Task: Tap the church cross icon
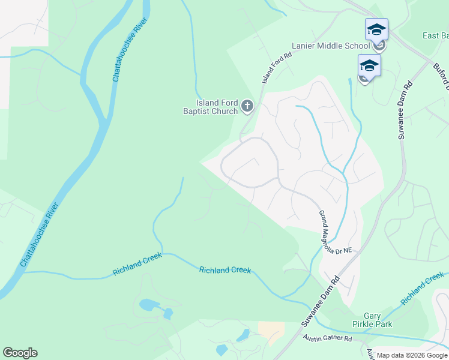[x=247, y=107]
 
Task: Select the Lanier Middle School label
[x=331, y=46]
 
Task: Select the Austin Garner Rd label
[x=327, y=338]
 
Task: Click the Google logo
[x=20, y=353]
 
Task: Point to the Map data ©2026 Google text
[x=412, y=355]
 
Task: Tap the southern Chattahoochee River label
[x=40, y=235]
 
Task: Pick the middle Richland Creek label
[x=224, y=270]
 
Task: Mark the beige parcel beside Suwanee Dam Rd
[x=271, y=329]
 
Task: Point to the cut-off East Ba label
[x=435, y=35]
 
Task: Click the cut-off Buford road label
[x=441, y=76]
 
